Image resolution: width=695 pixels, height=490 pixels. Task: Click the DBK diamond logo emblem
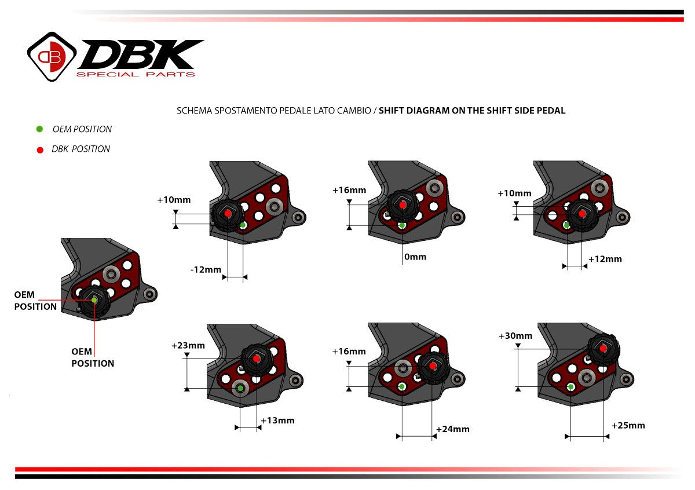[x=52, y=56]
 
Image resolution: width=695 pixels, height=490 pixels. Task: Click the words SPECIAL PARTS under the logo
[x=136, y=74]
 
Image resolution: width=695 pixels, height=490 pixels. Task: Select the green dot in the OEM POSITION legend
[x=39, y=129]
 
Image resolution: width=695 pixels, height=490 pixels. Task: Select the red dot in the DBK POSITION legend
[x=39, y=149]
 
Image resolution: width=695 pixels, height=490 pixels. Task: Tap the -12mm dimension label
[x=206, y=270]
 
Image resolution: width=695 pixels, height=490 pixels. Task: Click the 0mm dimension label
[x=416, y=257]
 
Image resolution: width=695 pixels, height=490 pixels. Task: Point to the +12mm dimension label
[x=605, y=259]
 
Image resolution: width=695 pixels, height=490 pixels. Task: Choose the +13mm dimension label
[x=277, y=420]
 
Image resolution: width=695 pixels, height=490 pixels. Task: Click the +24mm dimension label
[x=452, y=429]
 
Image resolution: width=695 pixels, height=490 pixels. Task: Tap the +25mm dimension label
[x=628, y=426]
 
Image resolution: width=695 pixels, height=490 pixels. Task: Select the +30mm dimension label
[x=515, y=336]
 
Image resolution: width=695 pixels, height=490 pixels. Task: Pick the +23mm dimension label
[x=188, y=346]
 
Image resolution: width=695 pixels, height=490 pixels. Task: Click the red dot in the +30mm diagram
[x=603, y=349]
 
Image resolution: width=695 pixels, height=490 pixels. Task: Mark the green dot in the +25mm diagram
[x=570, y=386]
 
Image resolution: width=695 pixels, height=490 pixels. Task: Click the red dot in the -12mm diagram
[x=228, y=214]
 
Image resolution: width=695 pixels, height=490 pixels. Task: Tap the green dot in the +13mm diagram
[x=240, y=387]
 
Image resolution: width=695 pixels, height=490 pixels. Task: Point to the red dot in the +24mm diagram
[x=433, y=366]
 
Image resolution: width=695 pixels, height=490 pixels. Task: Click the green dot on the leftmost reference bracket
[x=94, y=299]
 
